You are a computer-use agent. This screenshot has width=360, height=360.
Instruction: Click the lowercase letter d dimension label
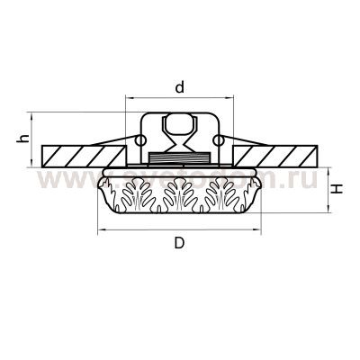click(x=179, y=87)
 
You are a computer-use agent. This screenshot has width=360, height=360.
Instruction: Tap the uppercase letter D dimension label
click(x=179, y=244)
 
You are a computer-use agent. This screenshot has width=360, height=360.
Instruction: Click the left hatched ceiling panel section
click(x=76, y=152)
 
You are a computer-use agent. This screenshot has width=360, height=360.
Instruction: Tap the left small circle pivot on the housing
click(x=140, y=141)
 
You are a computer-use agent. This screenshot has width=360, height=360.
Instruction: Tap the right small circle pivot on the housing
click(x=219, y=141)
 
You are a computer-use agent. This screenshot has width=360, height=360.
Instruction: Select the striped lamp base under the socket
click(x=179, y=157)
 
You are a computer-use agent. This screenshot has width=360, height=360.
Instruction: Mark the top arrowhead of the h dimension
click(x=32, y=115)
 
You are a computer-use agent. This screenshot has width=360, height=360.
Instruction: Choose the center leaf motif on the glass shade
click(x=179, y=192)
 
